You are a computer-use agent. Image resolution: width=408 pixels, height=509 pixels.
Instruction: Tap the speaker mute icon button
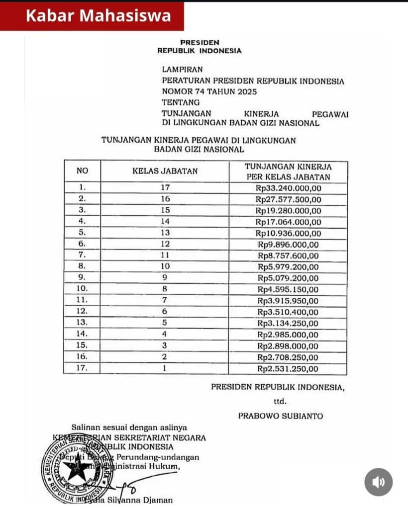pyautogui.click(x=379, y=482)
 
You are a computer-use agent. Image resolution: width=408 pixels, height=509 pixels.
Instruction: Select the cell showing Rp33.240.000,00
pyautogui.click(x=289, y=188)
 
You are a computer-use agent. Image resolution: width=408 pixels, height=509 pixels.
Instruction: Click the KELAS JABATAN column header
pyautogui.click(x=165, y=171)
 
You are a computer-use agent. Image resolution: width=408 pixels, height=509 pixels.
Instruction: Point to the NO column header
pyautogui.click(x=82, y=171)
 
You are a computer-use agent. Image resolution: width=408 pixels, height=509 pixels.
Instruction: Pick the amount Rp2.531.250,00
pyautogui.click(x=289, y=369)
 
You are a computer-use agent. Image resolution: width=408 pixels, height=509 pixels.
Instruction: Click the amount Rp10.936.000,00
pyautogui.click(x=289, y=233)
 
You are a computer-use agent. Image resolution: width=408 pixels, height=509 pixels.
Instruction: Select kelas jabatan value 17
pyautogui.click(x=165, y=188)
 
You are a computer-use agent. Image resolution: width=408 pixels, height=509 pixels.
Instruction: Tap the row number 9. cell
pyautogui.click(x=82, y=278)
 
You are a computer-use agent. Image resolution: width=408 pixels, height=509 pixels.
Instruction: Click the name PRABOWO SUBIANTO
pyautogui.click(x=280, y=416)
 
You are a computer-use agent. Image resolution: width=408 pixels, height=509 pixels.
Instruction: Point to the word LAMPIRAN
pyautogui.click(x=182, y=70)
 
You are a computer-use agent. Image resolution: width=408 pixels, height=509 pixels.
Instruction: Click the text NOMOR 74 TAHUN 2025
pyautogui.click(x=209, y=91)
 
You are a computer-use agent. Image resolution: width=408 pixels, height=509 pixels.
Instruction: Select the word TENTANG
pyautogui.click(x=181, y=102)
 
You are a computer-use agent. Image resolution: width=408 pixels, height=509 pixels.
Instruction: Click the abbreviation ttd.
pyautogui.click(x=280, y=401)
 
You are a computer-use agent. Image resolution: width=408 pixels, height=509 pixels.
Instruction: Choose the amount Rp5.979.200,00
pyautogui.click(x=289, y=267)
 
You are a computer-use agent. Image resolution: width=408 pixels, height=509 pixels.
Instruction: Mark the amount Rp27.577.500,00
pyautogui.click(x=289, y=199)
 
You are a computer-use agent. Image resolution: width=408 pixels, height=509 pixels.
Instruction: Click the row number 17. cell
pyautogui.click(x=82, y=369)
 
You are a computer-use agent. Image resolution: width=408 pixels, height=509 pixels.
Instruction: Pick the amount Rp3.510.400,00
pyautogui.click(x=289, y=312)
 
